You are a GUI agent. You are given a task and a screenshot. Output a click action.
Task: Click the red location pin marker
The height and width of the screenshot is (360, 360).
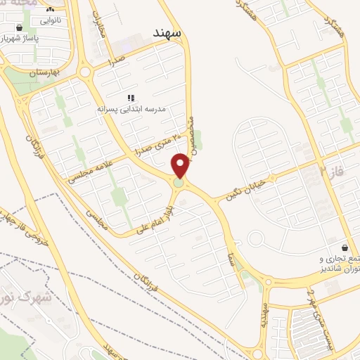[x=181, y=166]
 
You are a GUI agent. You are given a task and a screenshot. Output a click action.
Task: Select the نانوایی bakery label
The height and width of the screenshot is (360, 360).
[x=50, y=20]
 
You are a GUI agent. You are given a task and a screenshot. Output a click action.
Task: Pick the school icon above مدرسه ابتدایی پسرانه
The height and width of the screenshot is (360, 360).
[x=130, y=98]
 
